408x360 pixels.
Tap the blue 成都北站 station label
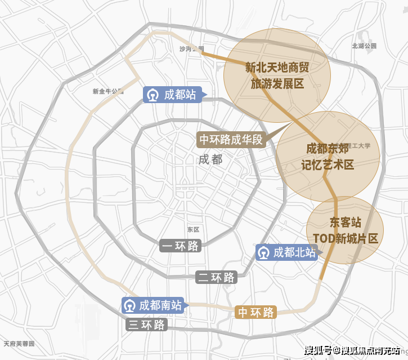(x=287, y=253)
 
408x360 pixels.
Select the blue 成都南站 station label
(x=153, y=306)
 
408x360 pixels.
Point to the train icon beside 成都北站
(x=263, y=253)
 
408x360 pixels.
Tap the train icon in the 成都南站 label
(x=129, y=306)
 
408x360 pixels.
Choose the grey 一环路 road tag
(x=180, y=246)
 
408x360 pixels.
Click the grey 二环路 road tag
(x=216, y=277)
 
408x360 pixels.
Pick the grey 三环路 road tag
(x=146, y=325)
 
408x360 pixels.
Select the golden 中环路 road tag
(x=255, y=312)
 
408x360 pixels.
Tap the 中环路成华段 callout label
(x=231, y=140)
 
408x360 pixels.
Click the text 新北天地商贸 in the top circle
(x=277, y=68)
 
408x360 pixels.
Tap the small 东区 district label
(x=193, y=229)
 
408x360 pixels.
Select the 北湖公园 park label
(x=363, y=46)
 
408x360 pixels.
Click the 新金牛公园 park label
(x=107, y=91)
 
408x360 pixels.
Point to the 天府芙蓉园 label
(x=19, y=343)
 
